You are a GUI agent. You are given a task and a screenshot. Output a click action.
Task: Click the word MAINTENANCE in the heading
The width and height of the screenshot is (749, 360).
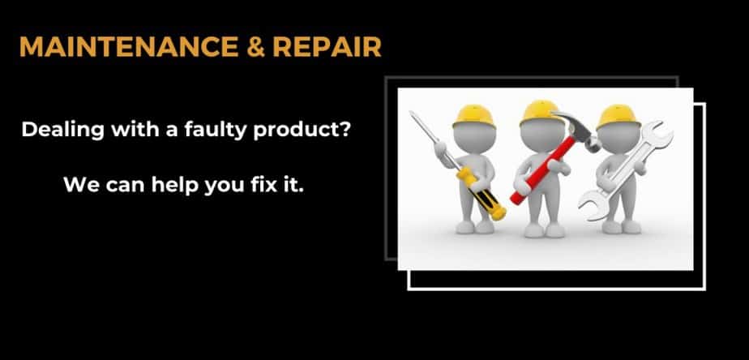point(129,47)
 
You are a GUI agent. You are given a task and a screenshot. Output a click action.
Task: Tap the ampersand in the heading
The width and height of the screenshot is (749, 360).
point(255,47)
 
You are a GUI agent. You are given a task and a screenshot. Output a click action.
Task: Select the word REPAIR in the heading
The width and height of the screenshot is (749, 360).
point(327,47)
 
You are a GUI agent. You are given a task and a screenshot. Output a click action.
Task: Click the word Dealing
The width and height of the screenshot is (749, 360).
point(62,131)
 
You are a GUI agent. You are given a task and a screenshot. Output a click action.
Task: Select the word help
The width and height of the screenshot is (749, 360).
point(175,185)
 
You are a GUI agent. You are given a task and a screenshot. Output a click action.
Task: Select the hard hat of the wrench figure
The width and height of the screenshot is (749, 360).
point(618,117)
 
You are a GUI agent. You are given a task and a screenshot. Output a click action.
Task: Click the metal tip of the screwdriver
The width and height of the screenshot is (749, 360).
point(423,127)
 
